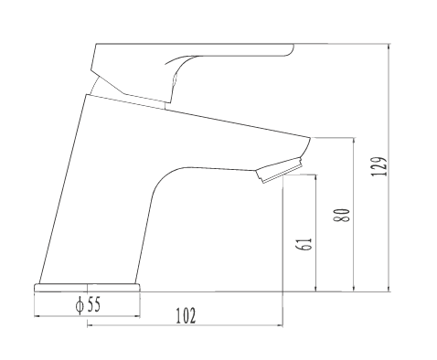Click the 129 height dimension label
click(379, 166)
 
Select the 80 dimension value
click(343, 215)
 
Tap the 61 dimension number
click(304, 244)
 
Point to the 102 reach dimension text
click(186, 315)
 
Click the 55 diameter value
click(93, 304)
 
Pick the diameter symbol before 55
click(80, 305)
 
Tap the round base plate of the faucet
click(88, 288)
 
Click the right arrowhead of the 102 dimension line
click(281, 325)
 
